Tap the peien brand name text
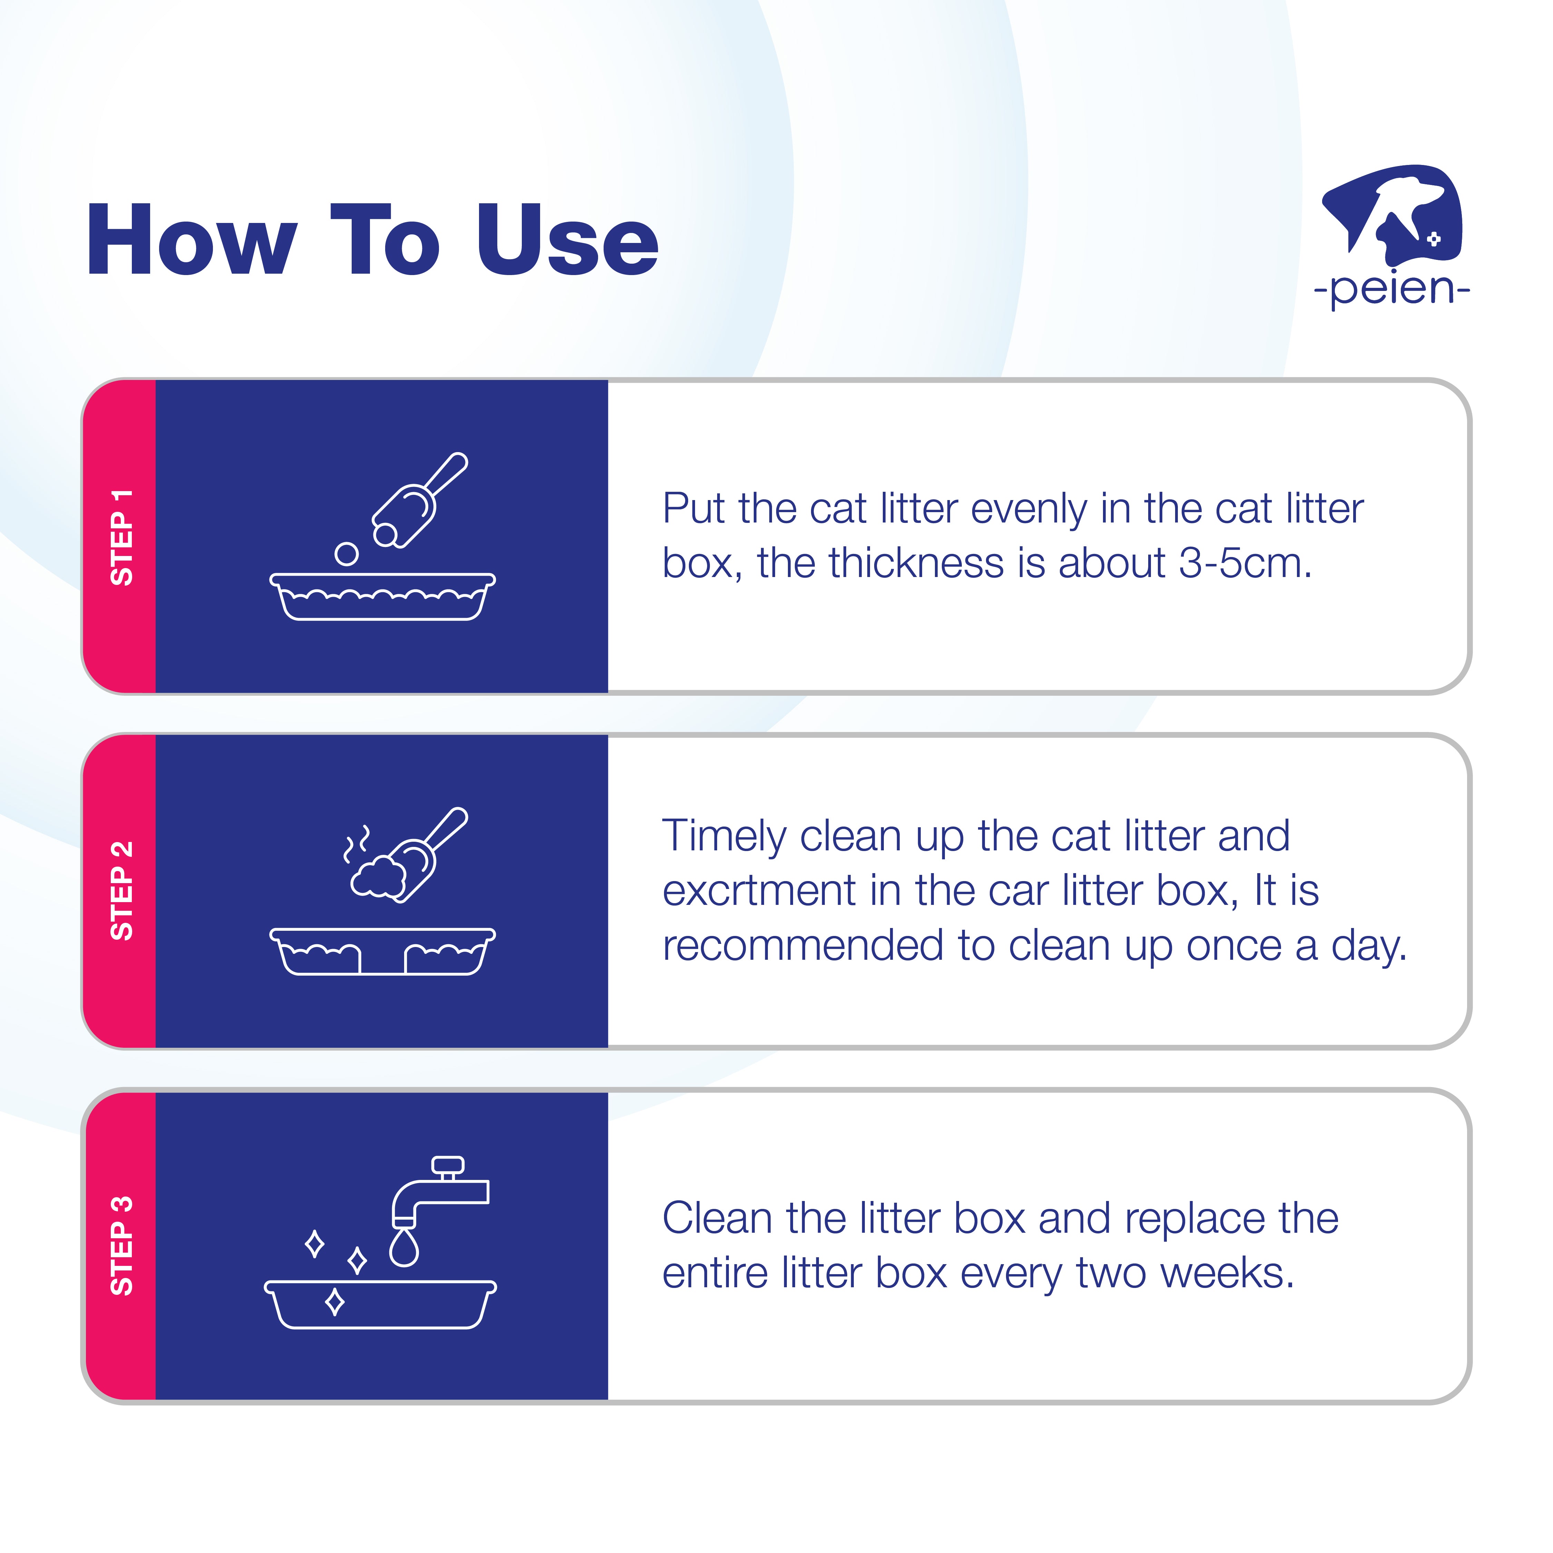point(1391,290)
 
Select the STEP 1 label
point(121,537)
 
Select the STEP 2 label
point(121,891)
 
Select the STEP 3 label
point(121,1246)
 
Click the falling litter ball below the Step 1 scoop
point(346,554)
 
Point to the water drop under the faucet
point(403,1248)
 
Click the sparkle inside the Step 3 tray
point(334,1301)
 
